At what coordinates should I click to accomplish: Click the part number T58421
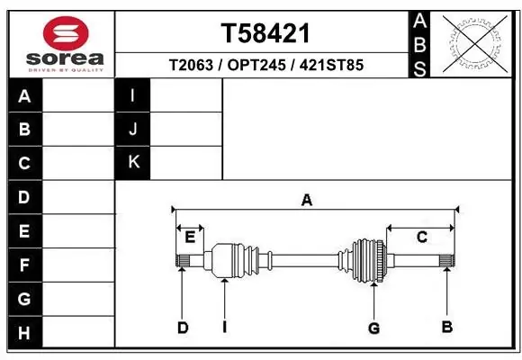[x=265, y=33]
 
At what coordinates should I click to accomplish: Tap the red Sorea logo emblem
[x=66, y=33]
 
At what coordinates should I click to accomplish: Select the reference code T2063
[x=191, y=65]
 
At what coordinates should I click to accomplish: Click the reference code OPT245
[x=256, y=65]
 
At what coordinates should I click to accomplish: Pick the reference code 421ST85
[x=331, y=65]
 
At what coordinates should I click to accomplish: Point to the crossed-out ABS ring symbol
[x=475, y=43]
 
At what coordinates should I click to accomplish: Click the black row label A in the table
[x=25, y=96]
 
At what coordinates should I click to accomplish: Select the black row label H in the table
[x=25, y=332]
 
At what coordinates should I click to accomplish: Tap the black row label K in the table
[x=133, y=163]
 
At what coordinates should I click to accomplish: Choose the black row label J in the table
[x=133, y=129]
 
